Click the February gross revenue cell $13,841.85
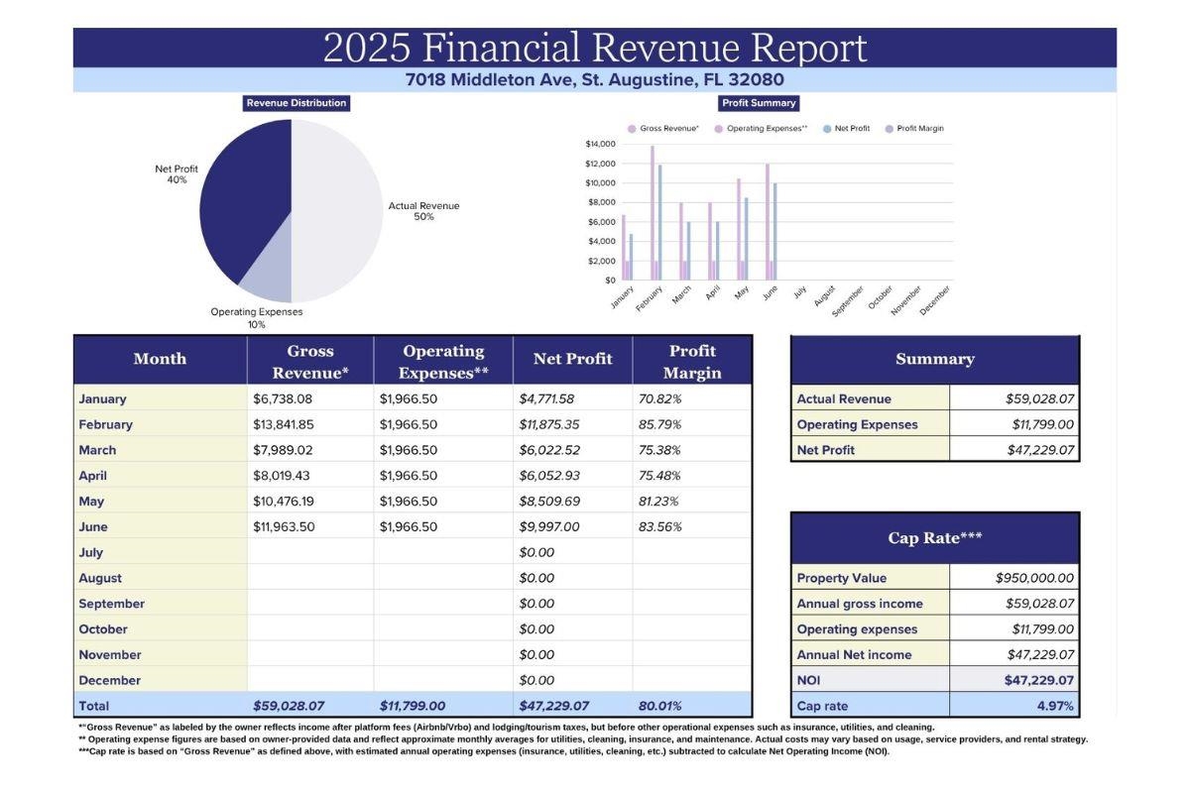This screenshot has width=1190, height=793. [283, 424]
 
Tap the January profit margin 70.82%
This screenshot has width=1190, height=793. [659, 398]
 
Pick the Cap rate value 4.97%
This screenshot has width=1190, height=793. [1055, 706]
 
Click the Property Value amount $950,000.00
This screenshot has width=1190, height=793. [1033, 578]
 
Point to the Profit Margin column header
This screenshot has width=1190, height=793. [692, 362]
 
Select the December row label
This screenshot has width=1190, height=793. [109, 680]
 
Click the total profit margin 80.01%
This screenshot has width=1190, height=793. [659, 706]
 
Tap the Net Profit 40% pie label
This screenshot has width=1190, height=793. [177, 174]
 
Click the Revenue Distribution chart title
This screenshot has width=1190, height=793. [297, 103]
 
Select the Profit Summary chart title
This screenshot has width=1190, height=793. [759, 103]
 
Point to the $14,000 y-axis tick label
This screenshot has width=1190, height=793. [601, 144]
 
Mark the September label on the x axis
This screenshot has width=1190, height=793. [849, 300]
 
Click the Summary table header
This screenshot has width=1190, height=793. [934, 359]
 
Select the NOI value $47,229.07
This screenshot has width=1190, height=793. [1038, 680]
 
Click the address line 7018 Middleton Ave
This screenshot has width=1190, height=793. [594, 80]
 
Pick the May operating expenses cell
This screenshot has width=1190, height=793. [408, 501]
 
